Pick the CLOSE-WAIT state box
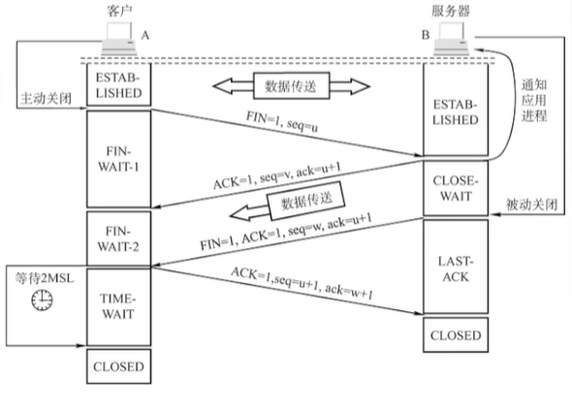(456, 188)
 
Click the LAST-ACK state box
(456, 269)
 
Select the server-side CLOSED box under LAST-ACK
(456, 335)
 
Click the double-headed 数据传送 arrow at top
(290, 86)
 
